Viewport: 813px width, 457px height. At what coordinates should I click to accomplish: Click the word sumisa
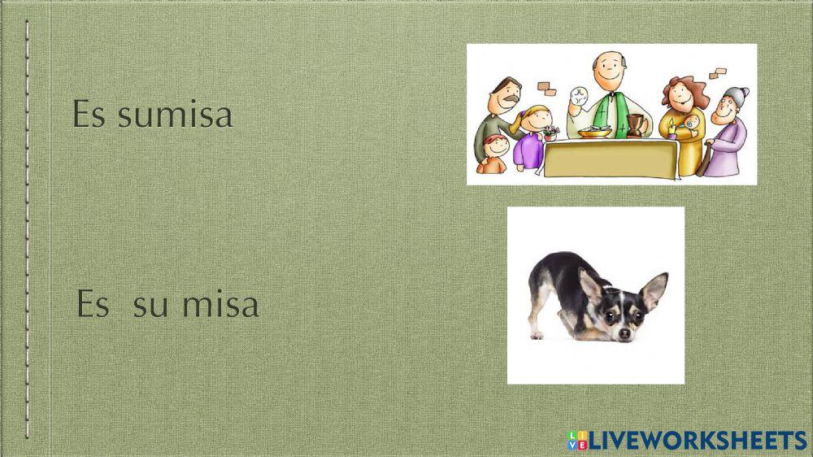(x=175, y=115)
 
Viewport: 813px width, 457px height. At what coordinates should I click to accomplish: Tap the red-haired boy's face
(x=494, y=148)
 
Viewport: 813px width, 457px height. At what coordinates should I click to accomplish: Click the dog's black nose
(x=624, y=333)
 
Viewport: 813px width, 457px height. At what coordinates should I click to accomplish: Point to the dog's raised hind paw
(x=536, y=334)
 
